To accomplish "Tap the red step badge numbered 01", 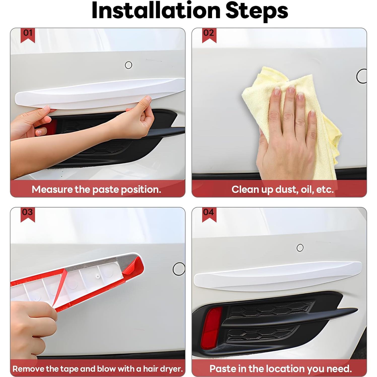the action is [x=28, y=35].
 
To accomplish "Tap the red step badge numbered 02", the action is [x=209, y=35].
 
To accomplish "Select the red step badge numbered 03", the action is [x=28, y=215].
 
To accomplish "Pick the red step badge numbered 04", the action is [x=209, y=215].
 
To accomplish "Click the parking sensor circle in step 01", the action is [x=128, y=65].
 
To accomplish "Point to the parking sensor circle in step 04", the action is [x=300, y=248].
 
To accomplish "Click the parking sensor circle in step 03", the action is [x=179, y=269].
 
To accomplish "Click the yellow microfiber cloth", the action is [x=290, y=121].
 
